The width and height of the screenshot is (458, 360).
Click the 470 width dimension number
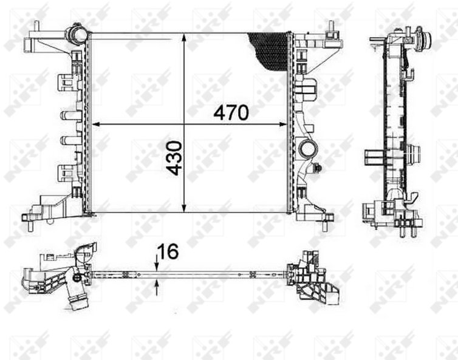click(x=231, y=113)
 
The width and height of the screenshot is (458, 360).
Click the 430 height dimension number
click(x=174, y=158)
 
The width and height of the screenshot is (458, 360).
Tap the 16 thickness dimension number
click(x=168, y=251)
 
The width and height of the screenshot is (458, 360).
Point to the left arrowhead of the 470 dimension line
click(x=97, y=124)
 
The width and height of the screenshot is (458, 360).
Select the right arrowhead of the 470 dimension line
click(x=282, y=124)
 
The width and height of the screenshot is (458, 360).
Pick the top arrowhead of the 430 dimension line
click(x=183, y=38)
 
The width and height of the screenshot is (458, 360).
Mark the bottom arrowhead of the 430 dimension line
click(x=183, y=208)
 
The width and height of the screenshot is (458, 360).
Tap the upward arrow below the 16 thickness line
click(x=157, y=287)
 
